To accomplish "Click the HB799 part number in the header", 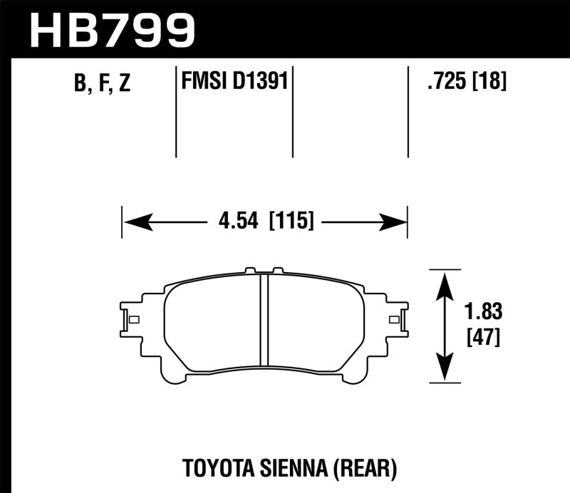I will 112,29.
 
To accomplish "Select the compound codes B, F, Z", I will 102,84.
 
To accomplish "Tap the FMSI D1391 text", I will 234,81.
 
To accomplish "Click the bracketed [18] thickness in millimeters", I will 491,82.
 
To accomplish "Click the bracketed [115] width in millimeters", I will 291,222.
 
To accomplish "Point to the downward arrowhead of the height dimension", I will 445,370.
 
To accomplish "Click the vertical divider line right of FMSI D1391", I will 294,110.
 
